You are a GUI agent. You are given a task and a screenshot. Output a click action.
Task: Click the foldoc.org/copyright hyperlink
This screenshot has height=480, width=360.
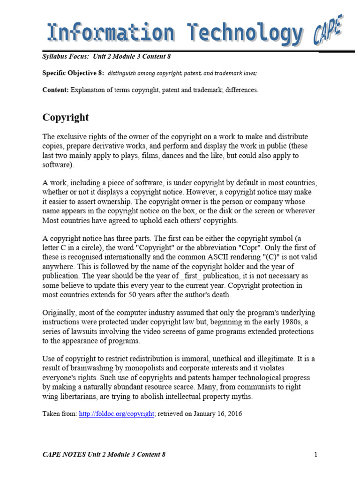(117, 413)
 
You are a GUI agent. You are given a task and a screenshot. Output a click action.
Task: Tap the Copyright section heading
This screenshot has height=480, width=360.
(66, 117)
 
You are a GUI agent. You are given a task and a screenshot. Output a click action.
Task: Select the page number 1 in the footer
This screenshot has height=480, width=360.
(316, 454)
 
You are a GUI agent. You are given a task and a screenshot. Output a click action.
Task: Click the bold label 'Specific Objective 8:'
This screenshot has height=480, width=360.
(73, 73)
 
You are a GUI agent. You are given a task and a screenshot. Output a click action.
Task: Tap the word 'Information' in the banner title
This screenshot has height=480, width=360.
(110, 34)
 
